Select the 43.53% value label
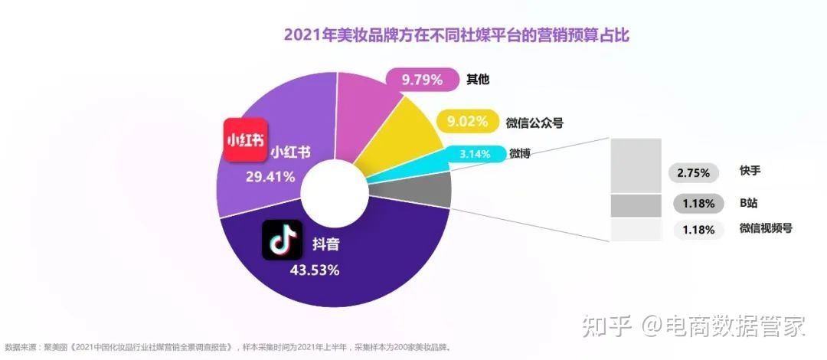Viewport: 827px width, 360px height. pos(314,270)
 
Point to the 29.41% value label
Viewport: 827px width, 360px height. pos(270,178)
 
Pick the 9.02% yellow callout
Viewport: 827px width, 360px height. pos(466,121)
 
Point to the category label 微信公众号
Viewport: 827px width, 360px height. pos(534,122)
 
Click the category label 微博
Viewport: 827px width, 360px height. pos(520,154)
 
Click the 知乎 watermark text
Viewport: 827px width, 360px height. pos(606,327)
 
